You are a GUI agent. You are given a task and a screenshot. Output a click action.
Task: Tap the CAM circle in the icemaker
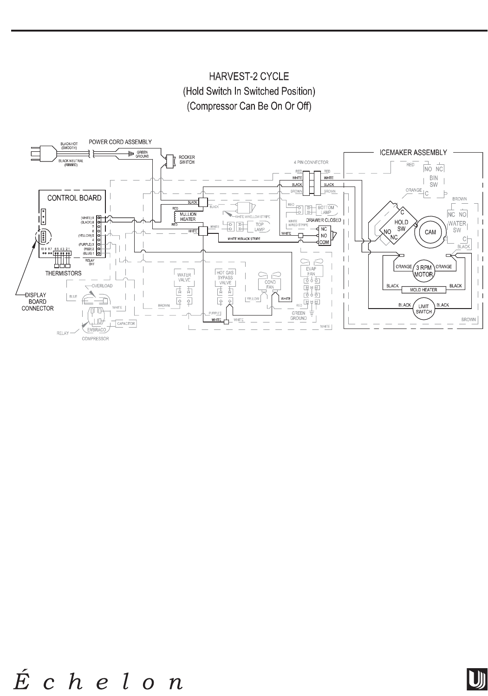(430, 232)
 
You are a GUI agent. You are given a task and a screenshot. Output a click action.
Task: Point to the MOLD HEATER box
(423, 290)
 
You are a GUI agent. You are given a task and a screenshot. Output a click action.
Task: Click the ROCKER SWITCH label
(187, 160)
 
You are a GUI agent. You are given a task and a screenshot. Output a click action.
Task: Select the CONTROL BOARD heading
(74, 198)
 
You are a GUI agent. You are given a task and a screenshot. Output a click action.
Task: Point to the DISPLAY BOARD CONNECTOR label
(39, 302)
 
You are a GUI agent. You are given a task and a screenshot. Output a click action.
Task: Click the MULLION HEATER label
(188, 216)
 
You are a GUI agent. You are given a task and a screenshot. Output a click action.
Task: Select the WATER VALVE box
(184, 277)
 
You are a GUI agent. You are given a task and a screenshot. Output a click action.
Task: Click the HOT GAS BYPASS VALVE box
(225, 277)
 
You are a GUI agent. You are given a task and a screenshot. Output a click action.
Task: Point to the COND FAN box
(270, 284)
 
